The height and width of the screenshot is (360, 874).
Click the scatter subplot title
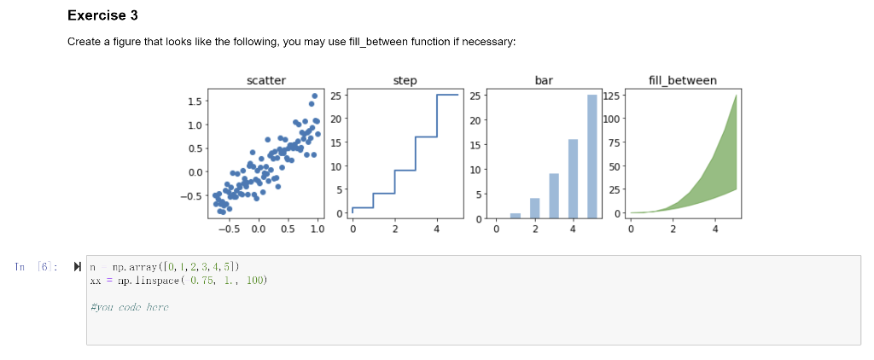point(265,80)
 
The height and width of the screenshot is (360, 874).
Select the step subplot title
point(405,80)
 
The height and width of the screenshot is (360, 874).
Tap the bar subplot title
point(543,80)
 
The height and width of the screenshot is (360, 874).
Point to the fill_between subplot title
point(683,80)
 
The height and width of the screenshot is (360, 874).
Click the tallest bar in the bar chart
point(592,156)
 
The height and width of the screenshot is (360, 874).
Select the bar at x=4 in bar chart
point(573,178)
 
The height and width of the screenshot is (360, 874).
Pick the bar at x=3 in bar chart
point(554,196)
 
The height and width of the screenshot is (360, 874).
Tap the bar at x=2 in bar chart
point(534,208)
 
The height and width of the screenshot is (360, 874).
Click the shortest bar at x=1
point(516,216)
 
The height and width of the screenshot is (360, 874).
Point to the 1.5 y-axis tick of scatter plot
point(195,102)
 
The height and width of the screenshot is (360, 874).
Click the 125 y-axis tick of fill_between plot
point(612,96)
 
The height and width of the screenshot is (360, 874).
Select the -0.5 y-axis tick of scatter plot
point(192,195)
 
